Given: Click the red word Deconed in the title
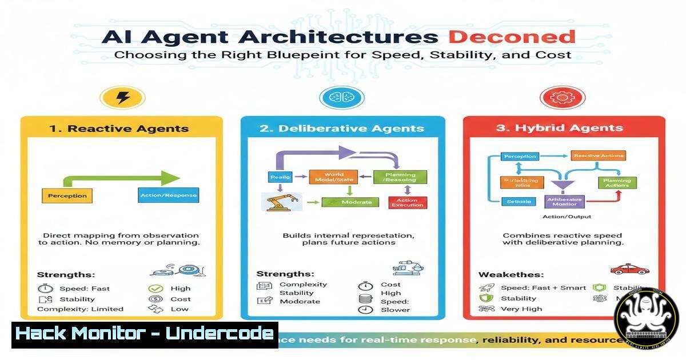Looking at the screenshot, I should [x=512, y=37].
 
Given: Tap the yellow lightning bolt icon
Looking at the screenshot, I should [x=122, y=98].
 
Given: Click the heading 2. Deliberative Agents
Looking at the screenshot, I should [x=342, y=128].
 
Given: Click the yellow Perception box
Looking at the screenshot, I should [x=67, y=195].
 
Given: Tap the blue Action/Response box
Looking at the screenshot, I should [x=168, y=195].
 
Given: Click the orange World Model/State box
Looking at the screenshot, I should [x=333, y=178].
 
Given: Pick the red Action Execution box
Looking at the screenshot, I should [x=408, y=202].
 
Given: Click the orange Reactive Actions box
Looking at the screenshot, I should [x=598, y=155].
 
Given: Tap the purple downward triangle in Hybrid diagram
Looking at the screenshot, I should [x=563, y=184].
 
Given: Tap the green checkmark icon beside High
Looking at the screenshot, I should [x=155, y=289].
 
